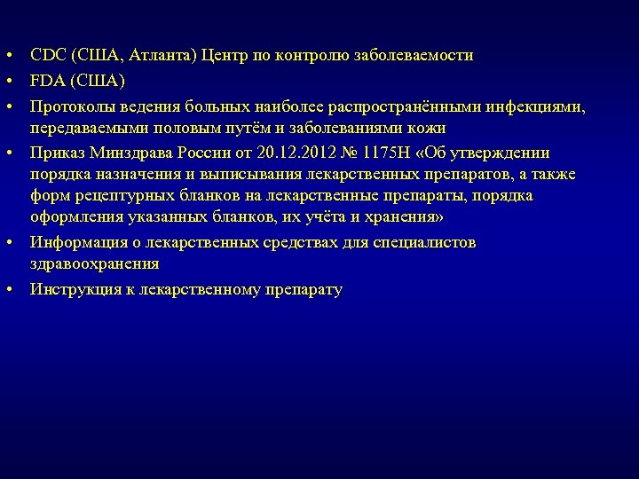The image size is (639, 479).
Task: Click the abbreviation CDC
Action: pos(47,56)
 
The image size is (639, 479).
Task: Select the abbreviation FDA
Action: pos(47,82)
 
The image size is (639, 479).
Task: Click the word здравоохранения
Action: pos(95,264)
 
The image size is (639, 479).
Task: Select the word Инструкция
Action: pos(76,290)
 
